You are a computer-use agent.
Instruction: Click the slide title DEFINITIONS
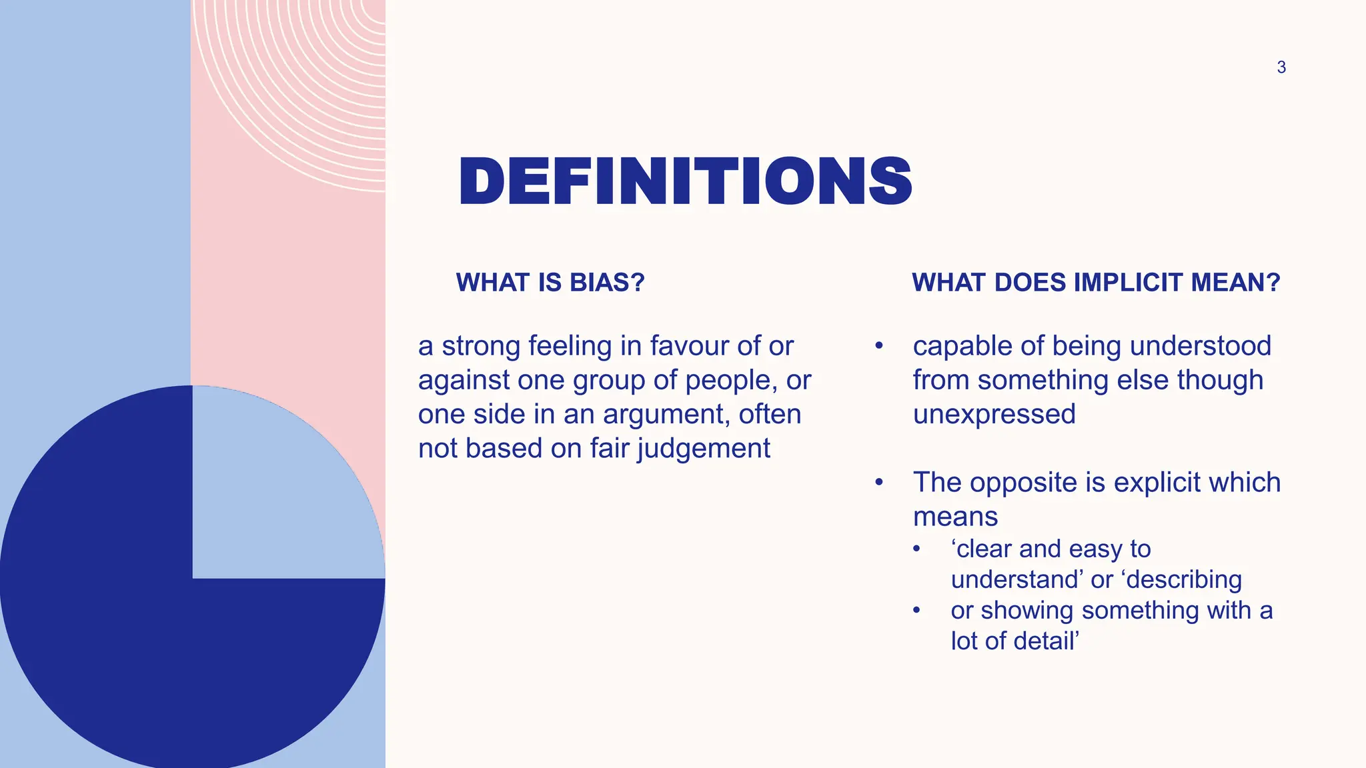tap(685, 182)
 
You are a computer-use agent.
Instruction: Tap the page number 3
tap(1281, 67)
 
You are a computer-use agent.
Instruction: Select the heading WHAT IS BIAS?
tap(550, 283)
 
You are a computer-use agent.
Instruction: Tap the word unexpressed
tap(994, 414)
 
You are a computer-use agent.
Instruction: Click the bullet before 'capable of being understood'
tap(879, 346)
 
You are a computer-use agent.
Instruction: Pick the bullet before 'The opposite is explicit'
tap(879, 482)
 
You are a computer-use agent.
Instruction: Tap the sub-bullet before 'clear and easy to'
tap(916, 549)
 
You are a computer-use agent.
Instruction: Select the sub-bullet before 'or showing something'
tap(916, 611)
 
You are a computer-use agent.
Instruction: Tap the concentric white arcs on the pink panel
tap(313, 87)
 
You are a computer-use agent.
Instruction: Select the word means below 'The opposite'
tap(955, 517)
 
